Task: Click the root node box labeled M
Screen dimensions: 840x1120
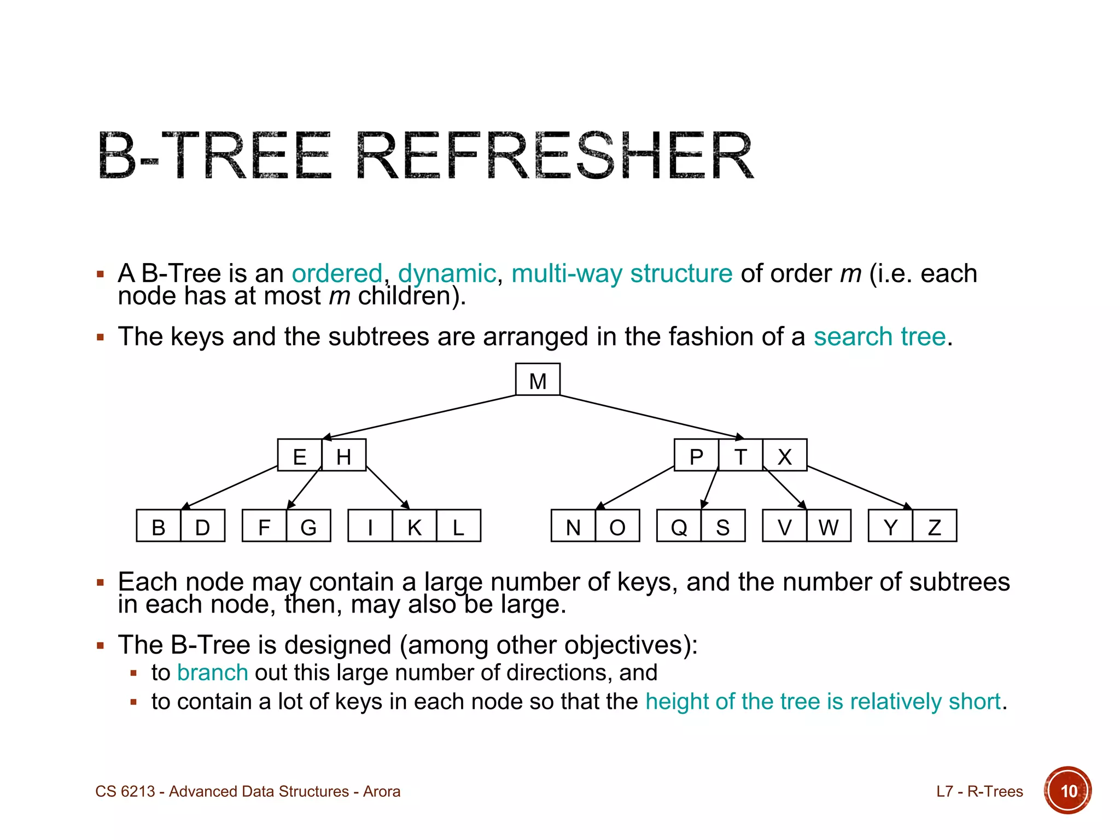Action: [538, 380]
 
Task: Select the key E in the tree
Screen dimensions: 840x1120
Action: [299, 456]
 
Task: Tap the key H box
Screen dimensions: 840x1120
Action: [344, 456]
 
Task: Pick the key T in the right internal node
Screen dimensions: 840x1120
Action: [740, 456]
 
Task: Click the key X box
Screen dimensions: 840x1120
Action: [785, 456]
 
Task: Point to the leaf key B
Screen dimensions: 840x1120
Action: [159, 526]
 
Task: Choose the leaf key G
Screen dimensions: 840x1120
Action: [308, 526]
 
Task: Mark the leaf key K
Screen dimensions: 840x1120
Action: [415, 526]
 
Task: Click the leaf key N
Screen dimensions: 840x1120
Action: [573, 526]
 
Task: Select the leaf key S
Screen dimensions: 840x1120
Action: [723, 526]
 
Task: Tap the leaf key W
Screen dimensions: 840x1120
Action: [829, 526]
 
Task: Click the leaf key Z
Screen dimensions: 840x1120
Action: [935, 526]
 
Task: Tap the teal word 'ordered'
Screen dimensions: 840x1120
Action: [337, 273]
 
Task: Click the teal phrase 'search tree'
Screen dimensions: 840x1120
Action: [879, 336]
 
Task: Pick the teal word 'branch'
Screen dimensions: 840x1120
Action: [213, 673]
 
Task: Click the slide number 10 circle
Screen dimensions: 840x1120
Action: [1067, 791]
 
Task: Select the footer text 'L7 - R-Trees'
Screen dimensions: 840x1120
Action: [979, 791]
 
